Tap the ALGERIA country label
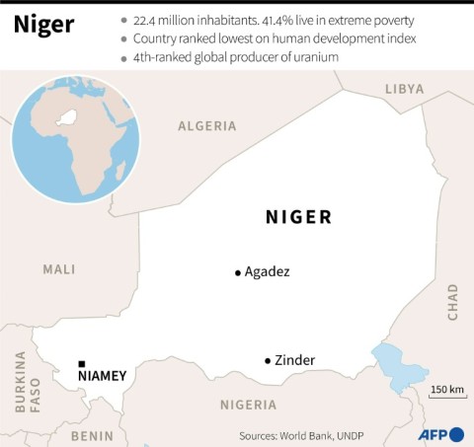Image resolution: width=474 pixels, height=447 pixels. coord(206,126)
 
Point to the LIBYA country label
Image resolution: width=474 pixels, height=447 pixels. coord(404,89)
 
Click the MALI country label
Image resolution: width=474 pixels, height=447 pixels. coord(59,268)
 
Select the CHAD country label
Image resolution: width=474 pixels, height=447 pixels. coord(452,307)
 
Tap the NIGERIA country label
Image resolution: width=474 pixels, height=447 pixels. coord(248,405)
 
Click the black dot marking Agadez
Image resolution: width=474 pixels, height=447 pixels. coord(237,272)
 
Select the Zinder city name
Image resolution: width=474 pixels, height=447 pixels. coord(295,360)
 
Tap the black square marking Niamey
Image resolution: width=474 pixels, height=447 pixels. coord(81,363)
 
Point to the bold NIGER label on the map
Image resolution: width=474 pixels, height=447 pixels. coord(298,217)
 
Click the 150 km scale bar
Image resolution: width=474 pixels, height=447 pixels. coord(446,397)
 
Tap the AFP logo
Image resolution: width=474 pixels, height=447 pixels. coord(442,434)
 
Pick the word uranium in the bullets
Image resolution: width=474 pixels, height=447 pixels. coord(312,57)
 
